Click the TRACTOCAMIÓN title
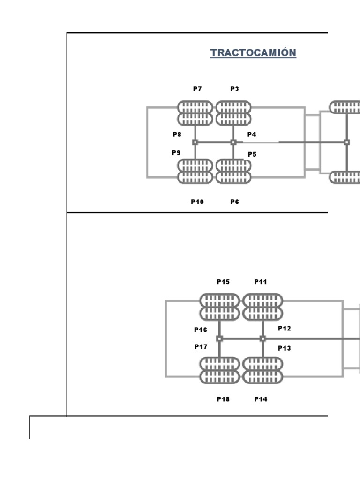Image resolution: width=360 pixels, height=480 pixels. click(x=253, y=53)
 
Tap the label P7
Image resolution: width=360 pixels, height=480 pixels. click(x=197, y=89)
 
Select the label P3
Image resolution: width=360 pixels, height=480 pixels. click(x=235, y=89)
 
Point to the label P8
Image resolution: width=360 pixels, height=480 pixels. click(x=177, y=135)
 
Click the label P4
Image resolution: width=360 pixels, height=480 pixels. click(x=252, y=135)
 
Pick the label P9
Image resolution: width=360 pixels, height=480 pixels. click(x=176, y=152)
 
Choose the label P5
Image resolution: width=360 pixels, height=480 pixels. click(x=252, y=154)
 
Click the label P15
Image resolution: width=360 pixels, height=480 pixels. click(x=223, y=282)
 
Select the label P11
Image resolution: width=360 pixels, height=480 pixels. click(x=261, y=282)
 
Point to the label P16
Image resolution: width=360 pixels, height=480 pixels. click(x=201, y=330)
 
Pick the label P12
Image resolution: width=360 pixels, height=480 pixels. click(x=285, y=328)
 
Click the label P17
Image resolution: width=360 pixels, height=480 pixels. click(x=201, y=347)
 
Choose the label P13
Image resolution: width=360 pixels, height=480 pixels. click(x=285, y=348)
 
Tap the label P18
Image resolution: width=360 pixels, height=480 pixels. click(x=223, y=398)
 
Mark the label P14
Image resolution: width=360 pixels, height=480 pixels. click(x=261, y=398)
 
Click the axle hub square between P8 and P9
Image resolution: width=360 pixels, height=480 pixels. click(x=195, y=142)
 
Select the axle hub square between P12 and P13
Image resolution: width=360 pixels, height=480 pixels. click(x=262, y=338)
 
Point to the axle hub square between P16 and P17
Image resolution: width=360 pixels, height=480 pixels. click(x=219, y=338)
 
